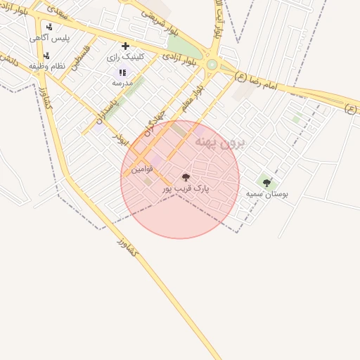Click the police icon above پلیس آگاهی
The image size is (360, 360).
click(49, 27)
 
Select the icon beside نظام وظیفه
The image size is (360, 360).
click(46, 55)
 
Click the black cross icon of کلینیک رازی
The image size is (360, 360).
click(125, 46)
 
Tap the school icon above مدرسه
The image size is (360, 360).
click(122, 72)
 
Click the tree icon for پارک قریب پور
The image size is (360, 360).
click(186, 178)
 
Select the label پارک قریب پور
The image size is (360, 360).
click(186, 189)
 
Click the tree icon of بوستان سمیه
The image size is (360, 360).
click(266, 183)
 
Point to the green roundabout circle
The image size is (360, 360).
click(212, 65)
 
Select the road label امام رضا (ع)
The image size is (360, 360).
click(262, 82)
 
